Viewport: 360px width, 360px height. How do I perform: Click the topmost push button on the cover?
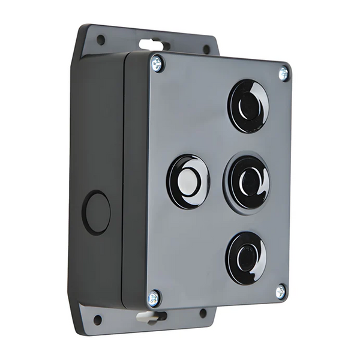pos(248,106)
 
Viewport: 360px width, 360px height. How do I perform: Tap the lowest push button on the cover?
pos(246,258)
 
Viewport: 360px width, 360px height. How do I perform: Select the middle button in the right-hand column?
pos(246,182)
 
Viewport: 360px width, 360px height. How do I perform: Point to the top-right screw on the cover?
pos(283,73)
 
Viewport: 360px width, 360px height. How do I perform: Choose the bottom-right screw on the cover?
pos(280,292)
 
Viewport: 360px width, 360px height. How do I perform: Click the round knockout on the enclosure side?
pos(97,212)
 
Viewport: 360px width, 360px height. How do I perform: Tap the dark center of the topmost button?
pos(246,107)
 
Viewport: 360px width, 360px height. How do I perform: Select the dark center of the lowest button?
pos(245,259)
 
